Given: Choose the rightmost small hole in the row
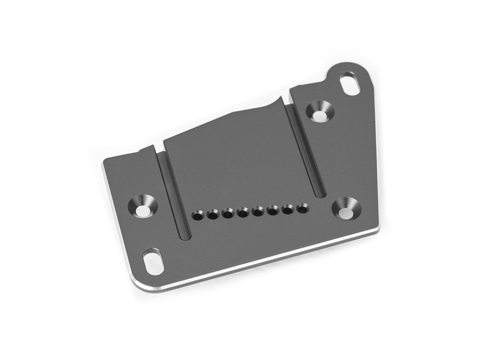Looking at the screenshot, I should click(x=303, y=209).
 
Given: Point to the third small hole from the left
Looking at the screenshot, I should click(x=228, y=213).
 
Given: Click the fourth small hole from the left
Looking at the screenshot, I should click(x=242, y=212).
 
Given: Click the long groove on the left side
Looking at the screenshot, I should click(x=175, y=194).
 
